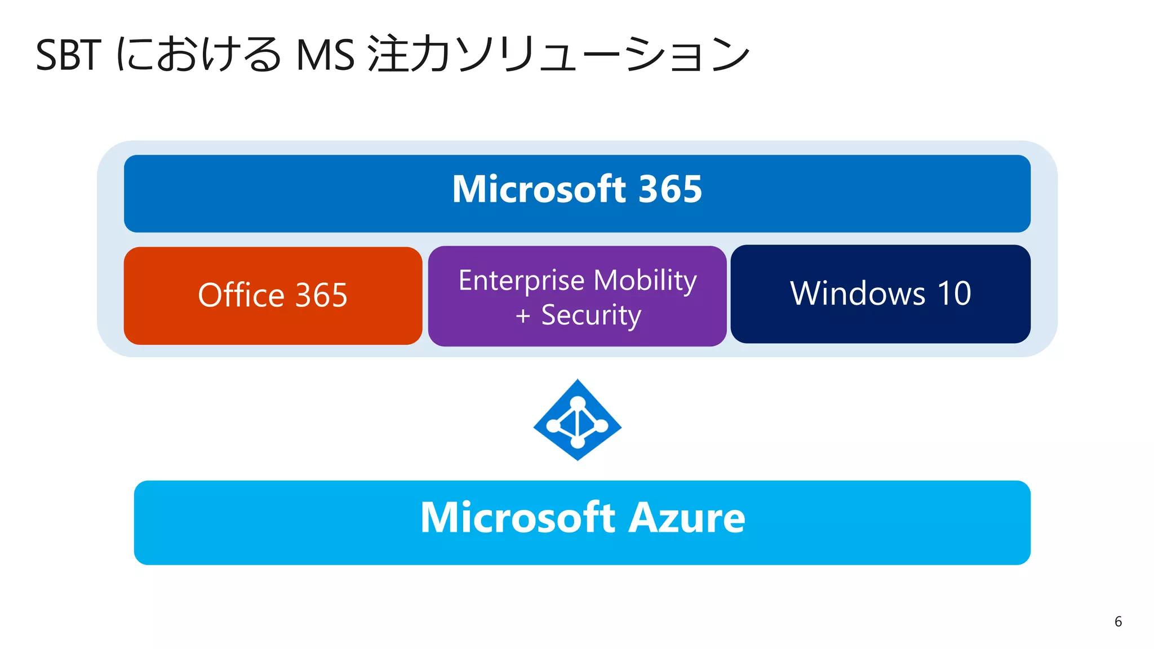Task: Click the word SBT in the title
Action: pos(68,55)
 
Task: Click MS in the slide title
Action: pos(325,55)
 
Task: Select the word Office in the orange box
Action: pos(241,295)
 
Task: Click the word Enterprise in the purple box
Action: pos(521,281)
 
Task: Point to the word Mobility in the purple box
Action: pos(645,281)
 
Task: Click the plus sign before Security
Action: pos(523,316)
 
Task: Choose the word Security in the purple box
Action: pos(591,315)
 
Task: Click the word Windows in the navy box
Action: pos(858,294)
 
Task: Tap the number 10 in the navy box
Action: pos(954,294)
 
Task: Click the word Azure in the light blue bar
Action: pos(686,518)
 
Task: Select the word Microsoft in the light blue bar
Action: pos(518,518)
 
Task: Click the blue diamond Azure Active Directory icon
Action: pos(578,420)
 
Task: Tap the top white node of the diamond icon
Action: pos(578,403)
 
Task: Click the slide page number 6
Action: pos(1118,621)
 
